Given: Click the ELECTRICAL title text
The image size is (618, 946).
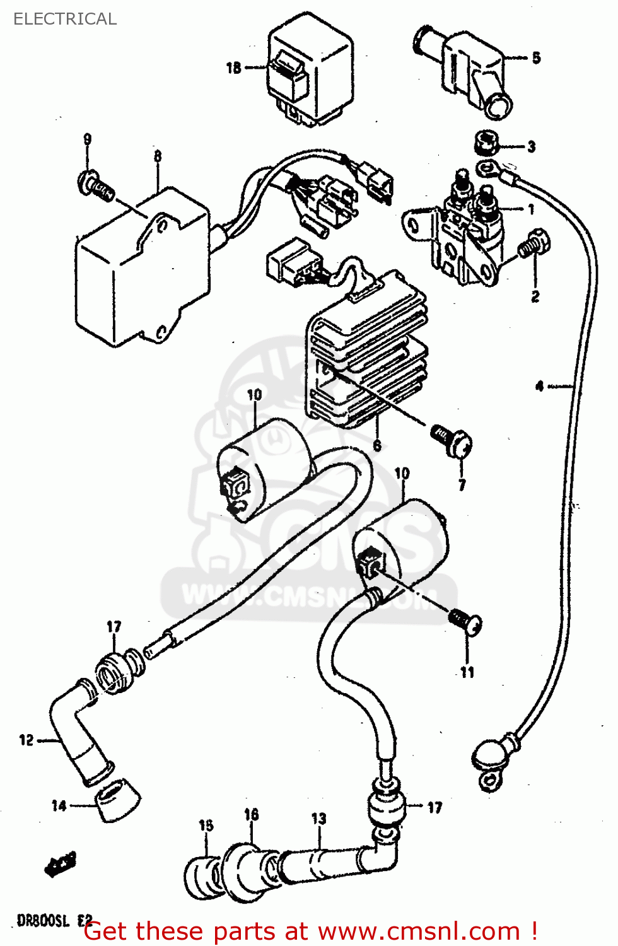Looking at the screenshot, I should [65, 19].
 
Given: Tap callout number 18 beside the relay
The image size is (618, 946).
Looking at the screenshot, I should [233, 67].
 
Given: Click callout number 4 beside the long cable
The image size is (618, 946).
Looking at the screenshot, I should [539, 385].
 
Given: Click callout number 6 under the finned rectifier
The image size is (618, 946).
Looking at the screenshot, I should [376, 445].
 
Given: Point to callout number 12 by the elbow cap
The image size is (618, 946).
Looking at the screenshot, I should [26, 740].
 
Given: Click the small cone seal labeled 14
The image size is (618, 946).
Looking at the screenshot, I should [118, 799].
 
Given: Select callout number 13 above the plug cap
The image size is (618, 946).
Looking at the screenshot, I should [318, 819].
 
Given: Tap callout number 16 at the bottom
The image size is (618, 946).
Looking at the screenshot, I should [251, 814].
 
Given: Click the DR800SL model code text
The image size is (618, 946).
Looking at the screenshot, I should [43, 921].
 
